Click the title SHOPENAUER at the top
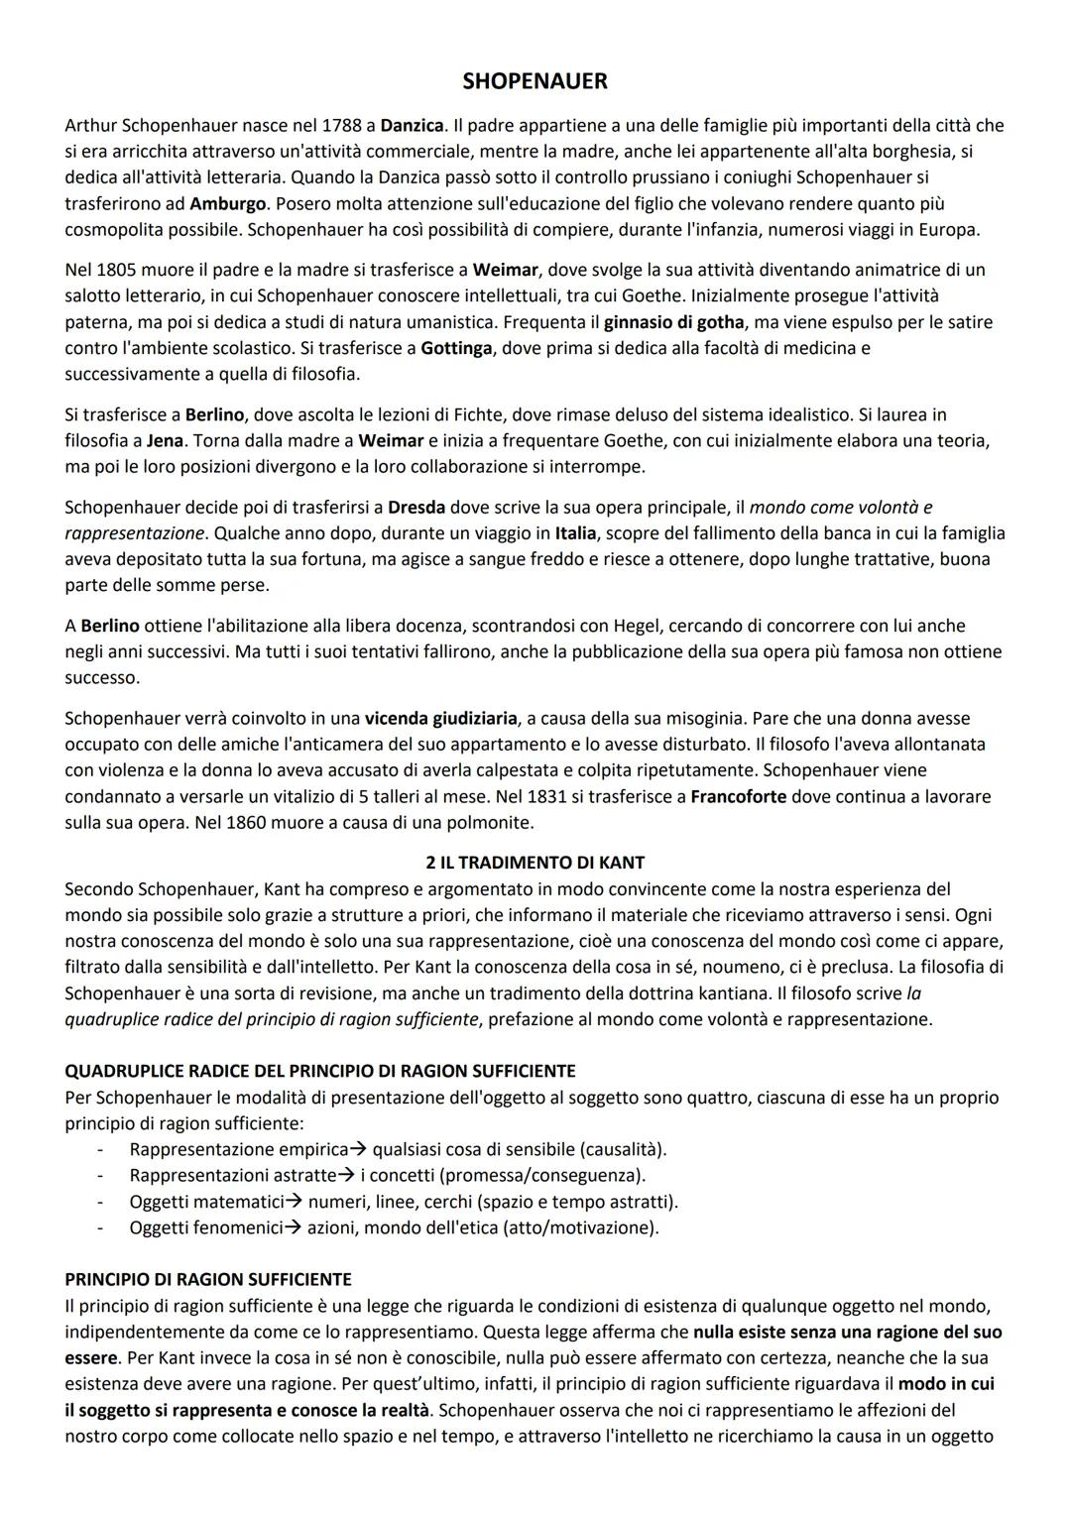tap(535, 81)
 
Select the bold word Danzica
tap(412, 126)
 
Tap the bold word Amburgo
tap(228, 204)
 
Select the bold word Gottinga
tap(456, 349)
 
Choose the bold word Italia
tap(575, 533)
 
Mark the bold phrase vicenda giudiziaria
tap(440, 718)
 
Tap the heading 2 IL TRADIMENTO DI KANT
tap(535, 863)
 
